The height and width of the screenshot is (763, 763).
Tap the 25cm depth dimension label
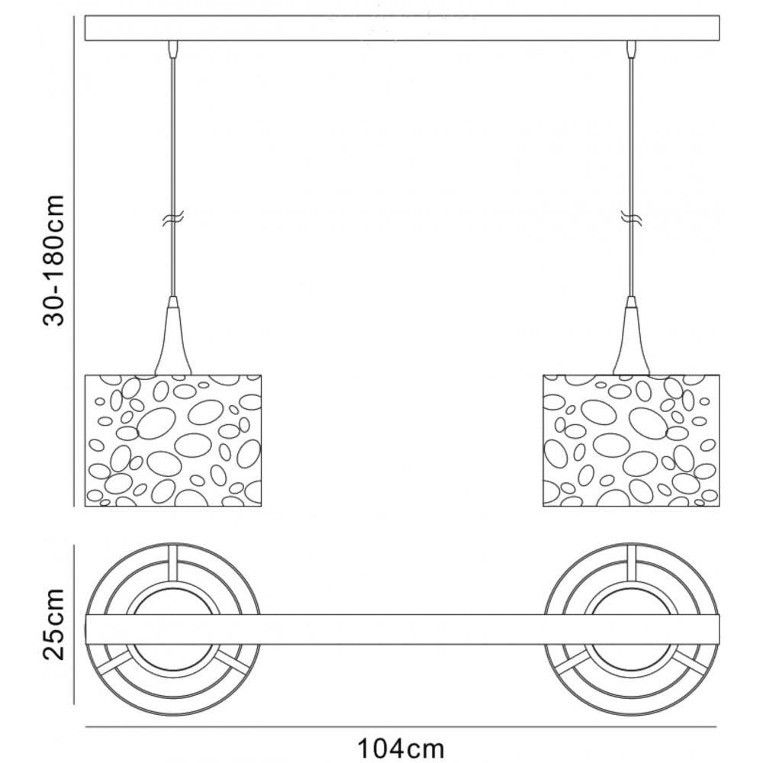53,624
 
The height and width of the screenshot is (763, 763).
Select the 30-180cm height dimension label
53,260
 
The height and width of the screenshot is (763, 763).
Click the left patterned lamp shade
173,440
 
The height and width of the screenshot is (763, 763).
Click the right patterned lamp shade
631,440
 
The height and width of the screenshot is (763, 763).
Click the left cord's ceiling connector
173,49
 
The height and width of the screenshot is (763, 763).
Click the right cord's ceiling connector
632,49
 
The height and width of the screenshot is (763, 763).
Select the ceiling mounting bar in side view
402,28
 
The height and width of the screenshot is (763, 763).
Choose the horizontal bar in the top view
402,629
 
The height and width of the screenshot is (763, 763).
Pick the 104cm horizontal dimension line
401,727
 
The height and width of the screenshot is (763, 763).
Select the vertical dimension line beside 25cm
73,624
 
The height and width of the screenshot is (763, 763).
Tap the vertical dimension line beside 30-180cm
73,261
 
